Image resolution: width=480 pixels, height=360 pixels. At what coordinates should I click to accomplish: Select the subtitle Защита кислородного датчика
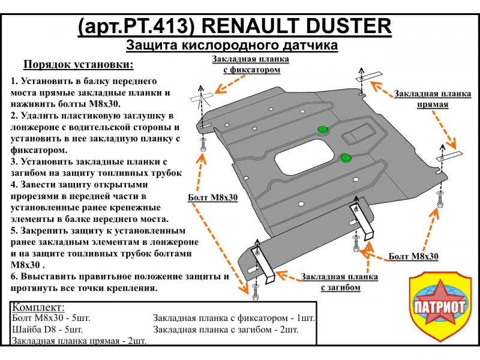click(232, 46)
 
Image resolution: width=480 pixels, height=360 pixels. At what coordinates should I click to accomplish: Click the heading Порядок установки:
click(78, 65)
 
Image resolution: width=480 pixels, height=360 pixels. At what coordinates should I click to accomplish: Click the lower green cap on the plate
click(345, 158)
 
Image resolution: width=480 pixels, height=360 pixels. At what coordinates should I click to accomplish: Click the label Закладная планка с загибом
click(340, 282)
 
